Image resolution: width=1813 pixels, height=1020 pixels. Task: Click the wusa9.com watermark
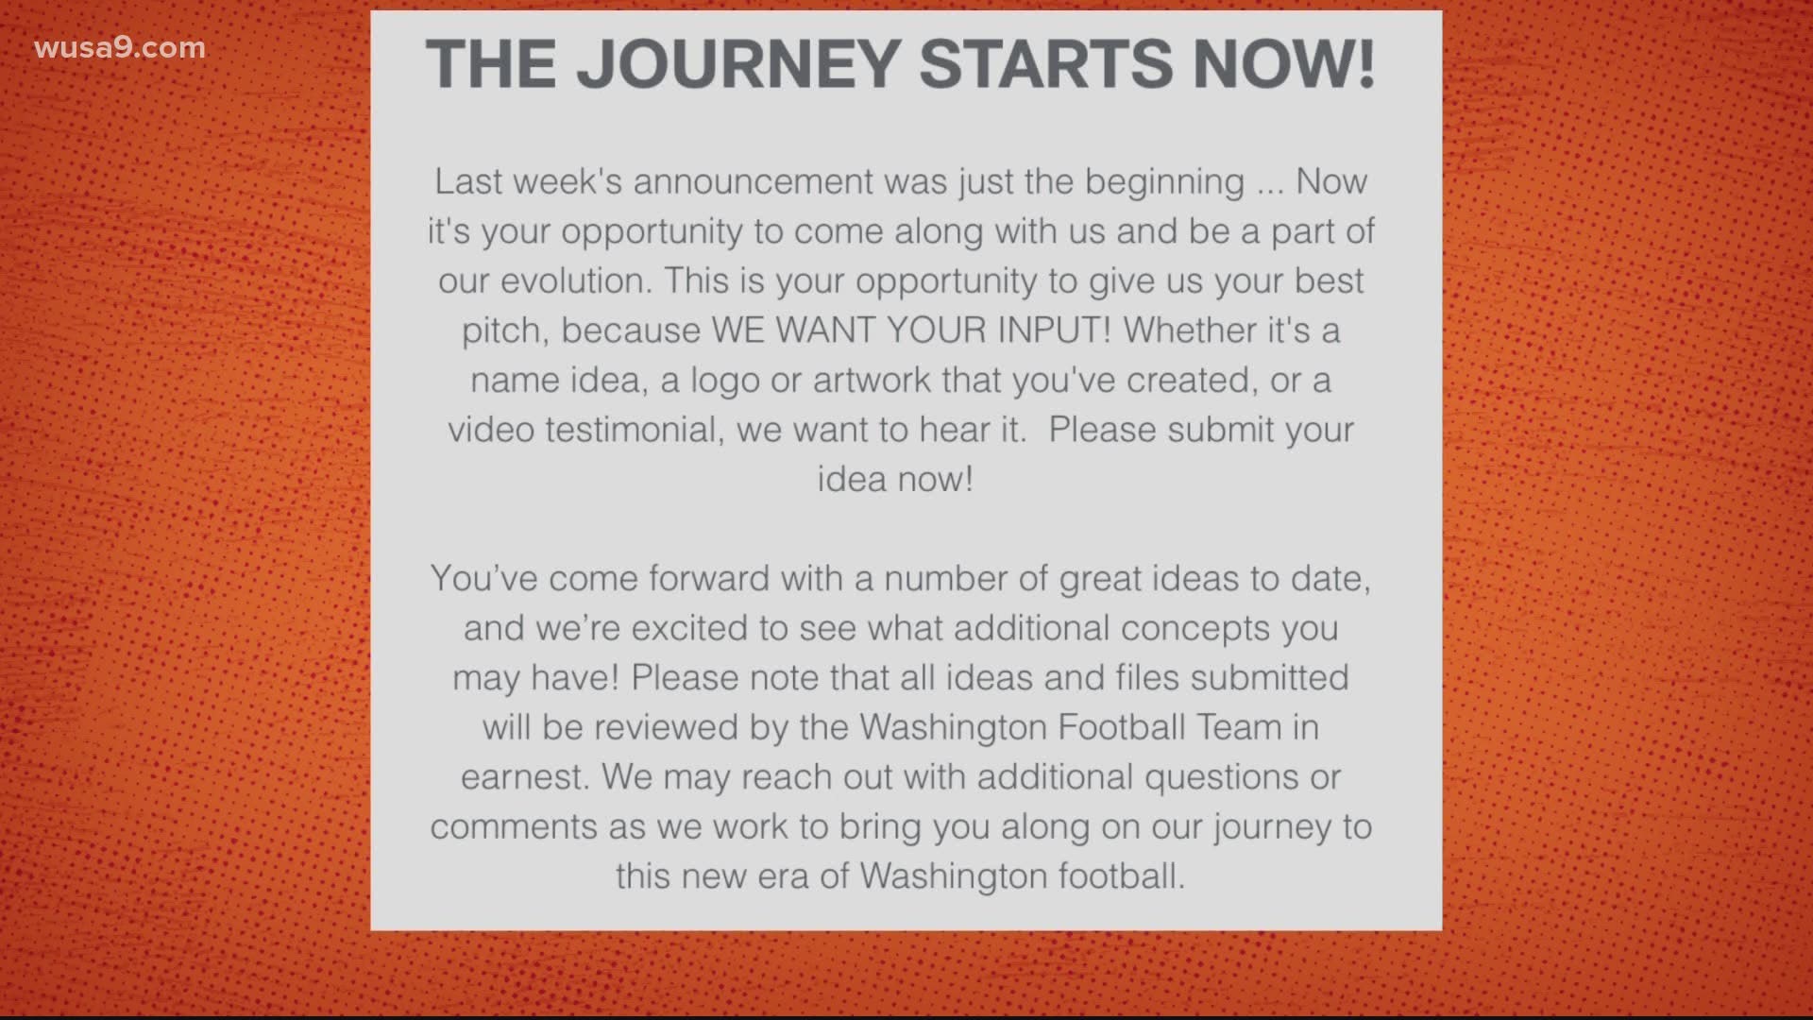(x=120, y=48)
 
